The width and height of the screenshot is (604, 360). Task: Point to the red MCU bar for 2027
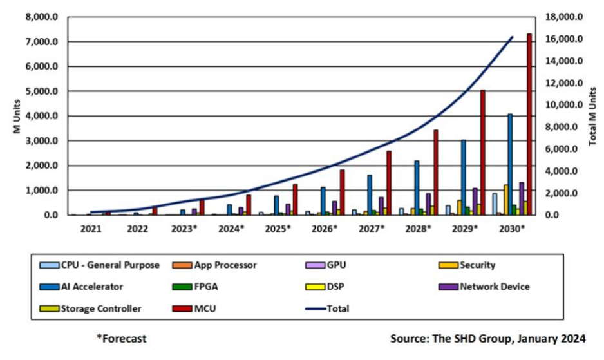click(388, 183)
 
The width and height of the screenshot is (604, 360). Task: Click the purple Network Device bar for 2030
click(522, 199)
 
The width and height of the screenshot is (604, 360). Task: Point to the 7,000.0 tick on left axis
click(41, 42)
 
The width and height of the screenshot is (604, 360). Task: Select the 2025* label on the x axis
click(278, 229)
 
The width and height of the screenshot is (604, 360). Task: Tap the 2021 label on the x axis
click(91, 229)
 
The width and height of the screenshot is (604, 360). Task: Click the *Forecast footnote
click(120, 338)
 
